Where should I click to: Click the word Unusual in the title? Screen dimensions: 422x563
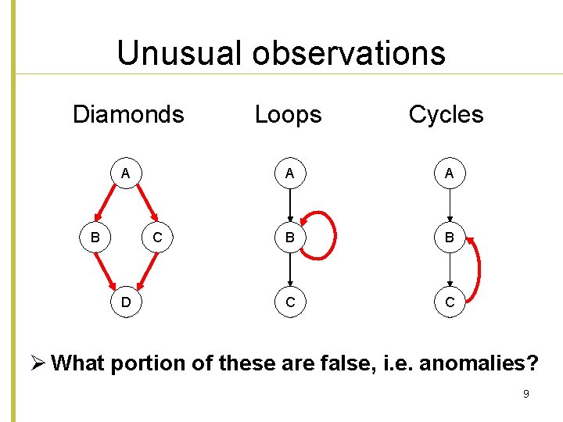click(180, 53)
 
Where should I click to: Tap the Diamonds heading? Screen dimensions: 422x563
click(128, 115)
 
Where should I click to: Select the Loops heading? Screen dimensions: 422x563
click(288, 115)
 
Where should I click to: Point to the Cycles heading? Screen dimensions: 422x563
click(446, 115)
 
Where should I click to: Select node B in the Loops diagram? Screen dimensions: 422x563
click(290, 236)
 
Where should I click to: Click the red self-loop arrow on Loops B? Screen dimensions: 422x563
click(334, 234)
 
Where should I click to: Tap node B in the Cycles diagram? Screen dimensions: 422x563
click(450, 236)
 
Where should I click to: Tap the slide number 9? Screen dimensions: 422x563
click(525, 394)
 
